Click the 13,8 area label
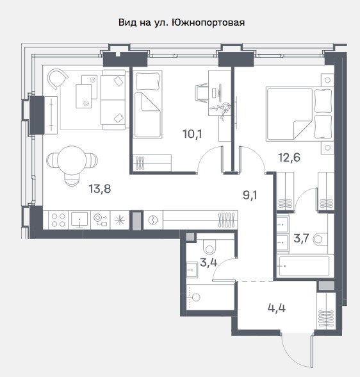pyautogui.click(x=100, y=189)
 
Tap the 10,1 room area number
pyautogui.click(x=192, y=134)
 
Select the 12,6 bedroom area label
pyautogui.click(x=289, y=158)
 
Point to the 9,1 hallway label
pyautogui.click(x=250, y=195)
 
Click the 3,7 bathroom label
pyautogui.click(x=301, y=239)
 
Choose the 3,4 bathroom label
pyautogui.click(x=208, y=263)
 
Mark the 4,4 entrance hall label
pyautogui.click(x=277, y=308)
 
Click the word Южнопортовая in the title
pyautogui.click(x=208, y=22)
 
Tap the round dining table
pyautogui.click(x=72, y=160)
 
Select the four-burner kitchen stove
pyautogui.click(x=58, y=220)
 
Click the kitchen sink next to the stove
pyautogui.click(x=79, y=220)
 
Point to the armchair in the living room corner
pyautogui.click(x=58, y=79)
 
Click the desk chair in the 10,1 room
pyautogui.click(x=201, y=93)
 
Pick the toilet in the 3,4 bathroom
pyautogui.click(x=209, y=246)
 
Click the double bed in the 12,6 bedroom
pyautogui.click(x=300, y=114)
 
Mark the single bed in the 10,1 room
pyautogui.click(x=147, y=104)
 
